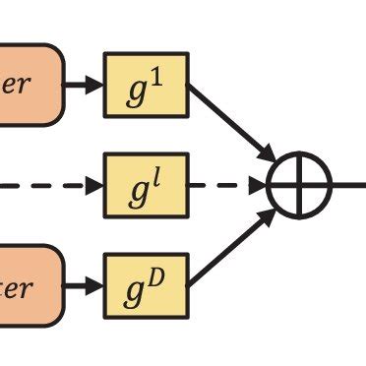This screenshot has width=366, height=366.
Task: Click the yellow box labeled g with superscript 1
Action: click(x=146, y=86)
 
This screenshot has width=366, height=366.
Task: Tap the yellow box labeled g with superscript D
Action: click(x=146, y=286)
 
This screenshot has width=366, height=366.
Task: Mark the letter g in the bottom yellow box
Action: click(x=137, y=290)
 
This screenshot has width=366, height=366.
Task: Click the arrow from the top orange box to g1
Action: click(x=85, y=86)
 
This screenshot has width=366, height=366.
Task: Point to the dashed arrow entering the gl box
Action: click(x=54, y=184)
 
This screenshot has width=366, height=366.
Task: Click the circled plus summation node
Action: click(x=299, y=184)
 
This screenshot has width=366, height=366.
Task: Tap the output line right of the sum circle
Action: click(x=348, y=184)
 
